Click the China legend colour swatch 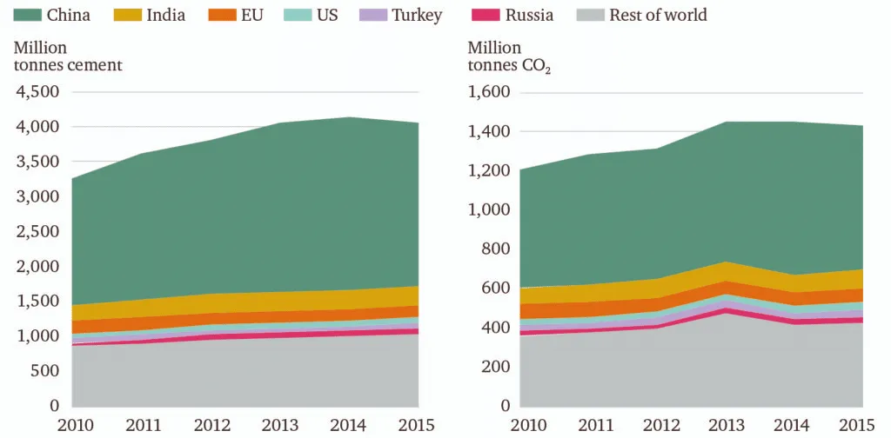coord(27,15)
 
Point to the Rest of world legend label coord(658,15)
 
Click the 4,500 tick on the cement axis coord(37,92)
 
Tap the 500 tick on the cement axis coord(44,371)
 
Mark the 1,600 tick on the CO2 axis coord(492,92)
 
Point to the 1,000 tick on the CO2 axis coord(492,210)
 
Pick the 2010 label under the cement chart coord(75,425)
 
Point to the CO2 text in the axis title coord(535,66)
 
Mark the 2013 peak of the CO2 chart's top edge coord(727,122)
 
